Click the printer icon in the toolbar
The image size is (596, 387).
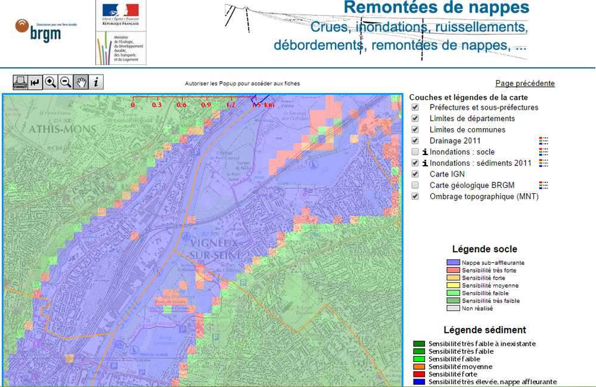20,82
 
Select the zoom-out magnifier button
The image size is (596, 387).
66,82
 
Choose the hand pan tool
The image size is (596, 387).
80,82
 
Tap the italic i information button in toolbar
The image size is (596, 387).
95,82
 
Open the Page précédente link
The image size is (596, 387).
524,83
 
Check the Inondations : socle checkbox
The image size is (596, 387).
415,152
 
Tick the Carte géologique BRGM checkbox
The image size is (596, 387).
415,185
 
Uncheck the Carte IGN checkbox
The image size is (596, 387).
415,174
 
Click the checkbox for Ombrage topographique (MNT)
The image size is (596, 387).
415,196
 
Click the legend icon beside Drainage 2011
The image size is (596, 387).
544,141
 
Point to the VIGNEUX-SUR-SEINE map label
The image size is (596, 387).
209,249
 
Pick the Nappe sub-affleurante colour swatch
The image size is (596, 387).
454,262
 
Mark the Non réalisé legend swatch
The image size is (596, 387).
454,309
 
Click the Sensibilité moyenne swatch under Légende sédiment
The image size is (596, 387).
420,367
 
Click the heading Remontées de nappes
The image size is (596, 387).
437,8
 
